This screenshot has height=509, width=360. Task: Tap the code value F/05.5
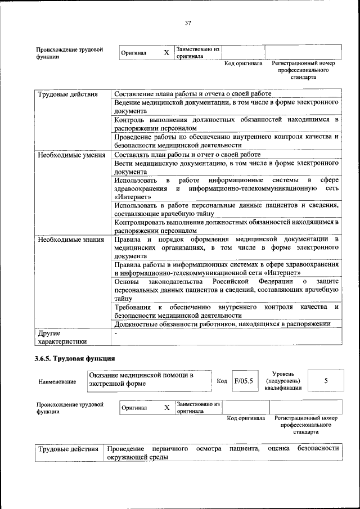(x=244, y=381)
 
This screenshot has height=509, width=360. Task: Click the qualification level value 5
(x=326, y=381)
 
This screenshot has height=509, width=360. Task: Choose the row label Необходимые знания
(x=71, y=240)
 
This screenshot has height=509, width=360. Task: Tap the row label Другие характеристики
(x=62, y=337)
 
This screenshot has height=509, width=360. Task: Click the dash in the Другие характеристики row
(x=115, y=334)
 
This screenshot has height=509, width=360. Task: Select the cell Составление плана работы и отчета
(x=193, y=93)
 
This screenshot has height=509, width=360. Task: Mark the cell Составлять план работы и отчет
(x=187, y=155)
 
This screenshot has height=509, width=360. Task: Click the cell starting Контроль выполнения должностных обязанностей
(x=226, y=124)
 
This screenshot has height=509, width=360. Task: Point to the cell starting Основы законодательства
(x=226, y=290)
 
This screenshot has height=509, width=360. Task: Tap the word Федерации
(x=276, y=281)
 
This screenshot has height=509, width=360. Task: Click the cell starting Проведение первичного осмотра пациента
(x=223, y=453)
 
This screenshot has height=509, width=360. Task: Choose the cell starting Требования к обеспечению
(x=226, y=311)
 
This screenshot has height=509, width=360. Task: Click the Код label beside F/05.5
(x=222, y=381)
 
